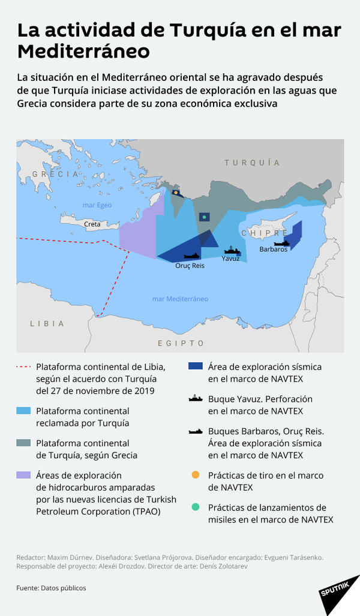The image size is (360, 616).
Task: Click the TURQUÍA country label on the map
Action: [x=252, y=163]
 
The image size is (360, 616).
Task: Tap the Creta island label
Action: [x=92, y=224]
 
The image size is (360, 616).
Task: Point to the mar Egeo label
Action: [x=97, y=205]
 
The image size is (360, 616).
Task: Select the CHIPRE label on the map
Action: [x=264, y=233]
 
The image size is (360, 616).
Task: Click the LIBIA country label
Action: [x=47, y=323]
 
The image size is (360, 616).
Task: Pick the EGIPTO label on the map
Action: [x=181, y=343]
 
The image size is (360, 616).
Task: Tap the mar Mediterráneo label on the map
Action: [x=180, y=299]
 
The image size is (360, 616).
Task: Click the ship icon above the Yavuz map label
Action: [x=232, y=250]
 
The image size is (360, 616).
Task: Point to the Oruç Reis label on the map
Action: [x=190, y=265]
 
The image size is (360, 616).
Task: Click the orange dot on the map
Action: [x=175, y=193]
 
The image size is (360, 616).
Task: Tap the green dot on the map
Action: [x=205, y=217]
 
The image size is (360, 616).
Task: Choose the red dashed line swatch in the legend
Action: [x=23, y=366]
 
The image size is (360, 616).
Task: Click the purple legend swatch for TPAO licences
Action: [x=23, y=474]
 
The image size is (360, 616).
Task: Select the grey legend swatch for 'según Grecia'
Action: [x=23, y=443]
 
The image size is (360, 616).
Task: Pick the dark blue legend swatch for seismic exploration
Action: [x=195, y=366]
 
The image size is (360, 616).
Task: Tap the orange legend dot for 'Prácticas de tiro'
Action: [x=195, y=476]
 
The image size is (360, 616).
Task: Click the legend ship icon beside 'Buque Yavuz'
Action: [x=195, y=399]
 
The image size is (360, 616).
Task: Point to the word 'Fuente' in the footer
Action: [x=27, y=588]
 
